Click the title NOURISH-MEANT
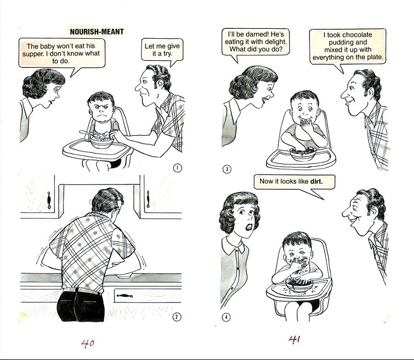point(97,32)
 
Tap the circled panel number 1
point(178,168)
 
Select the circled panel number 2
point(177,317)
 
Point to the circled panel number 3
point(227,169)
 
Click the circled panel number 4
point(226,317)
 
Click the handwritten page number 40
point(87,343)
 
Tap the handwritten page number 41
point(294,339)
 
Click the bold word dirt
point(316,181)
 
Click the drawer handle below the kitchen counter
point(125,296)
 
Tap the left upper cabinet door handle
point(49,200)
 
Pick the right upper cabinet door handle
point(148,199)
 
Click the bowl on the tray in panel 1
point(101,141)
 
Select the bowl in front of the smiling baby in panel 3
point(303,155)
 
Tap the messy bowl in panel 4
point(299,285)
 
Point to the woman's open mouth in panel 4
point(249,227)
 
